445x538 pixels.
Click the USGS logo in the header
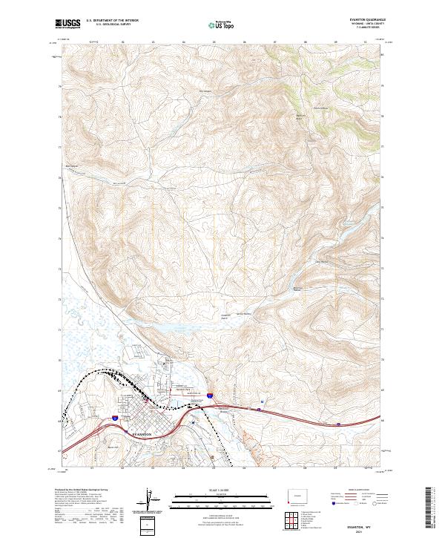pyautogui.click(x=67, y=24)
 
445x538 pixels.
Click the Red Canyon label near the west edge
pyautogui.click(x=72, y=165)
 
